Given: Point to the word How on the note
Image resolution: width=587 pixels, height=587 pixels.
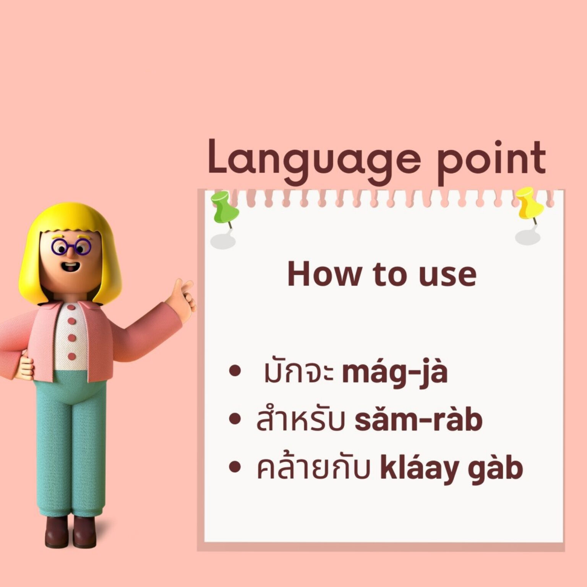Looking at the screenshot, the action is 323,274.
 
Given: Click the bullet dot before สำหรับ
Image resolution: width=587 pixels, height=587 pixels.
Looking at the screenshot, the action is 236,420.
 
